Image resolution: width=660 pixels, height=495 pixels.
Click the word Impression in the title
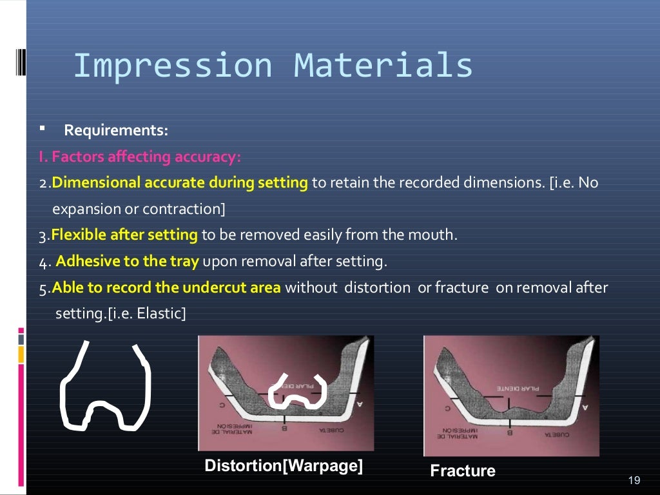click(173, 66)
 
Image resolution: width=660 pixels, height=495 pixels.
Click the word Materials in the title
click(383, 66)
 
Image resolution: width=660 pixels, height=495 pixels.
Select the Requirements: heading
click(116, 131)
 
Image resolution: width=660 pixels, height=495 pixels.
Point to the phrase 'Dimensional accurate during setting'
click(180, 183)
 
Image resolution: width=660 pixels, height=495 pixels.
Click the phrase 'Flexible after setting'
click(124, 235)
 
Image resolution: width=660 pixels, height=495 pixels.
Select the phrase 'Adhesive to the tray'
click(129, 261)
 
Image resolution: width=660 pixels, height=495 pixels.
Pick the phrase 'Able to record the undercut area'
click(166, 287)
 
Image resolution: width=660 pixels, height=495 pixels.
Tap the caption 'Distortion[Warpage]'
click(284, 465)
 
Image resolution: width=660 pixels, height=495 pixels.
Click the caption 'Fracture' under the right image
click(463, 471)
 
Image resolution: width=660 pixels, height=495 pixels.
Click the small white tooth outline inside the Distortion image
click(298, 391)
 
